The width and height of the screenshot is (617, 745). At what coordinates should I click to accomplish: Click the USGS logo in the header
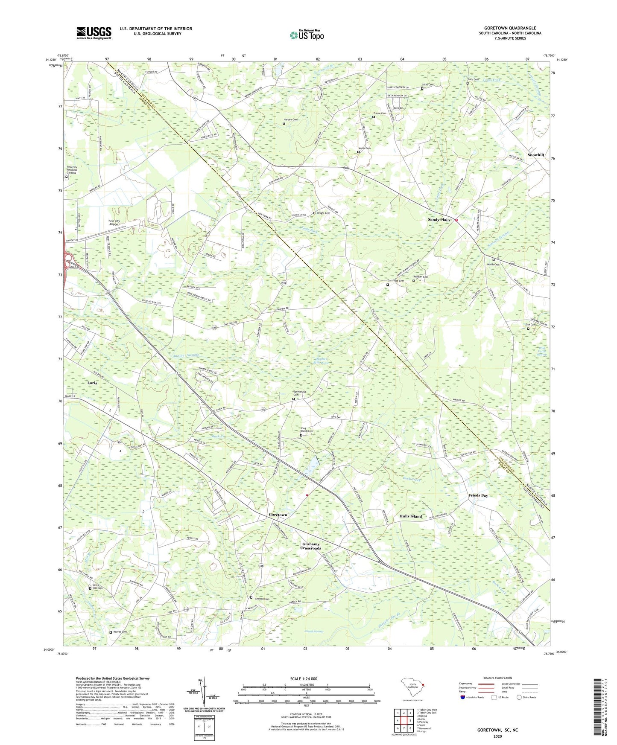coord(94,33)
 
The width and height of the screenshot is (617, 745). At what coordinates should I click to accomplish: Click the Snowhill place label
coord(535,155)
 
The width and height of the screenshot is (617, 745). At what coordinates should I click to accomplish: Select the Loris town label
coord(92,383)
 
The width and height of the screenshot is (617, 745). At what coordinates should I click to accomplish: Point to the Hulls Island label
coord(410,516)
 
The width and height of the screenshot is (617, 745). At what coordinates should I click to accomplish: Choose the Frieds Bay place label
coord(478,495)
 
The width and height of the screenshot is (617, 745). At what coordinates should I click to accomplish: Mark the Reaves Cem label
coord(119,632)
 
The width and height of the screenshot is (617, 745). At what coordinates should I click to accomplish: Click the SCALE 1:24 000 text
coord(306,679)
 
